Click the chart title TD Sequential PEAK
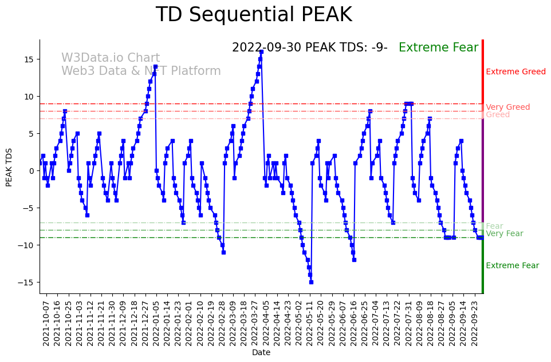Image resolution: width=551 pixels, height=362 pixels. pos(254,15)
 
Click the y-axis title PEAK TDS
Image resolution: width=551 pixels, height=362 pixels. pos(9,167)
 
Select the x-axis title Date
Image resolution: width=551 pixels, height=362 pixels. pos(261,353)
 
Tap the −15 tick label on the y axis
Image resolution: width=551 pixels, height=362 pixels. pos(26,283)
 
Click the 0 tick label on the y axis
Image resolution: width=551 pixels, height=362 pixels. pos(32,171)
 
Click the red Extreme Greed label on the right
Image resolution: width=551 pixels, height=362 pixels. pos(515,72)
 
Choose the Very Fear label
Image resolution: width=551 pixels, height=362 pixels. pos(504,234)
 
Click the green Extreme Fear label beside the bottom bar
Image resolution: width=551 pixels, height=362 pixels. pos(512,266)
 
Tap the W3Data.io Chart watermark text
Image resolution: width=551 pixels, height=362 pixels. pos(111,58)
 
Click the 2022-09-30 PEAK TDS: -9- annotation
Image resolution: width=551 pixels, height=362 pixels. pos(309,47)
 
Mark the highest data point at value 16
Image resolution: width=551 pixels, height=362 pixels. pos(261,51)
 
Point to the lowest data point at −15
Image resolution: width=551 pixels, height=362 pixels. pos(311,282)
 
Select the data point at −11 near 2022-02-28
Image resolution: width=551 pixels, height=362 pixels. pos(223,252)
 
